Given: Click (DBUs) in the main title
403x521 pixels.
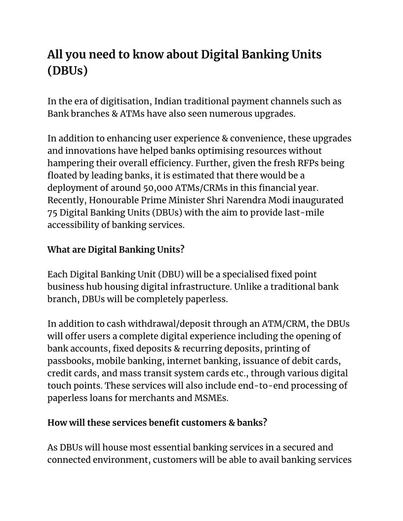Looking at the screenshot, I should pyautogui.click(x=67, y=71).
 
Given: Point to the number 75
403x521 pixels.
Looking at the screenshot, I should pyautogui.click(x=53, y=213).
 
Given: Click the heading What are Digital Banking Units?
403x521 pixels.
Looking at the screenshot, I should pyautogui.click(x=116, y=250).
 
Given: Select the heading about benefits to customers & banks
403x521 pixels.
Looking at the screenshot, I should pyautogui.click(x=157, y=423).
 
